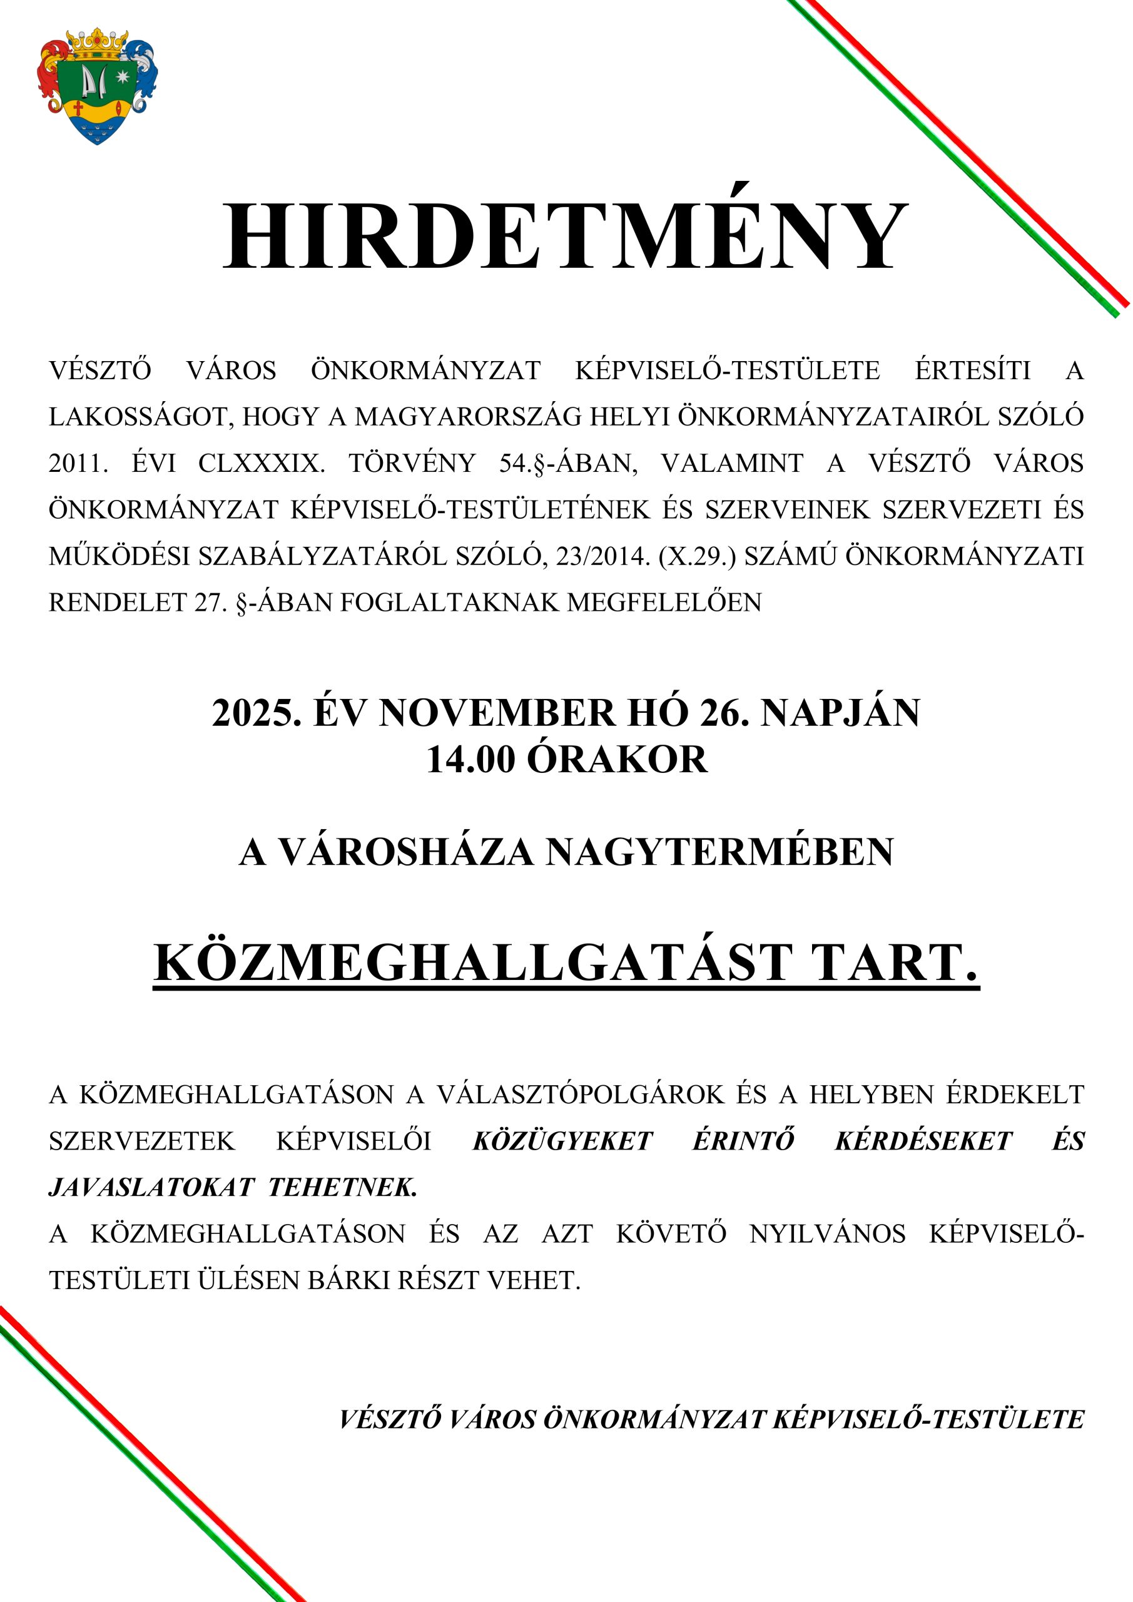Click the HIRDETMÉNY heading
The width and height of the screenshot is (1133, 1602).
tap(566, 236)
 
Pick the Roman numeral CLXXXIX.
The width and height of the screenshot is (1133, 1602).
tap(262, 463)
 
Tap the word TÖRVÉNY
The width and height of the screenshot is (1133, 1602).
tap(412, 463)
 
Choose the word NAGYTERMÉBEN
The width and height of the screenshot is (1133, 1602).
tap(719, 852)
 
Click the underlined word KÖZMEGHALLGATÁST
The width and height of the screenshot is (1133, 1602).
tap(473, 964)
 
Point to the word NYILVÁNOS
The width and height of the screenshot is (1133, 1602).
tap(828, 1233)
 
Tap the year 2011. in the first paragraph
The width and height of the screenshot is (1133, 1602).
tap(78, 463)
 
